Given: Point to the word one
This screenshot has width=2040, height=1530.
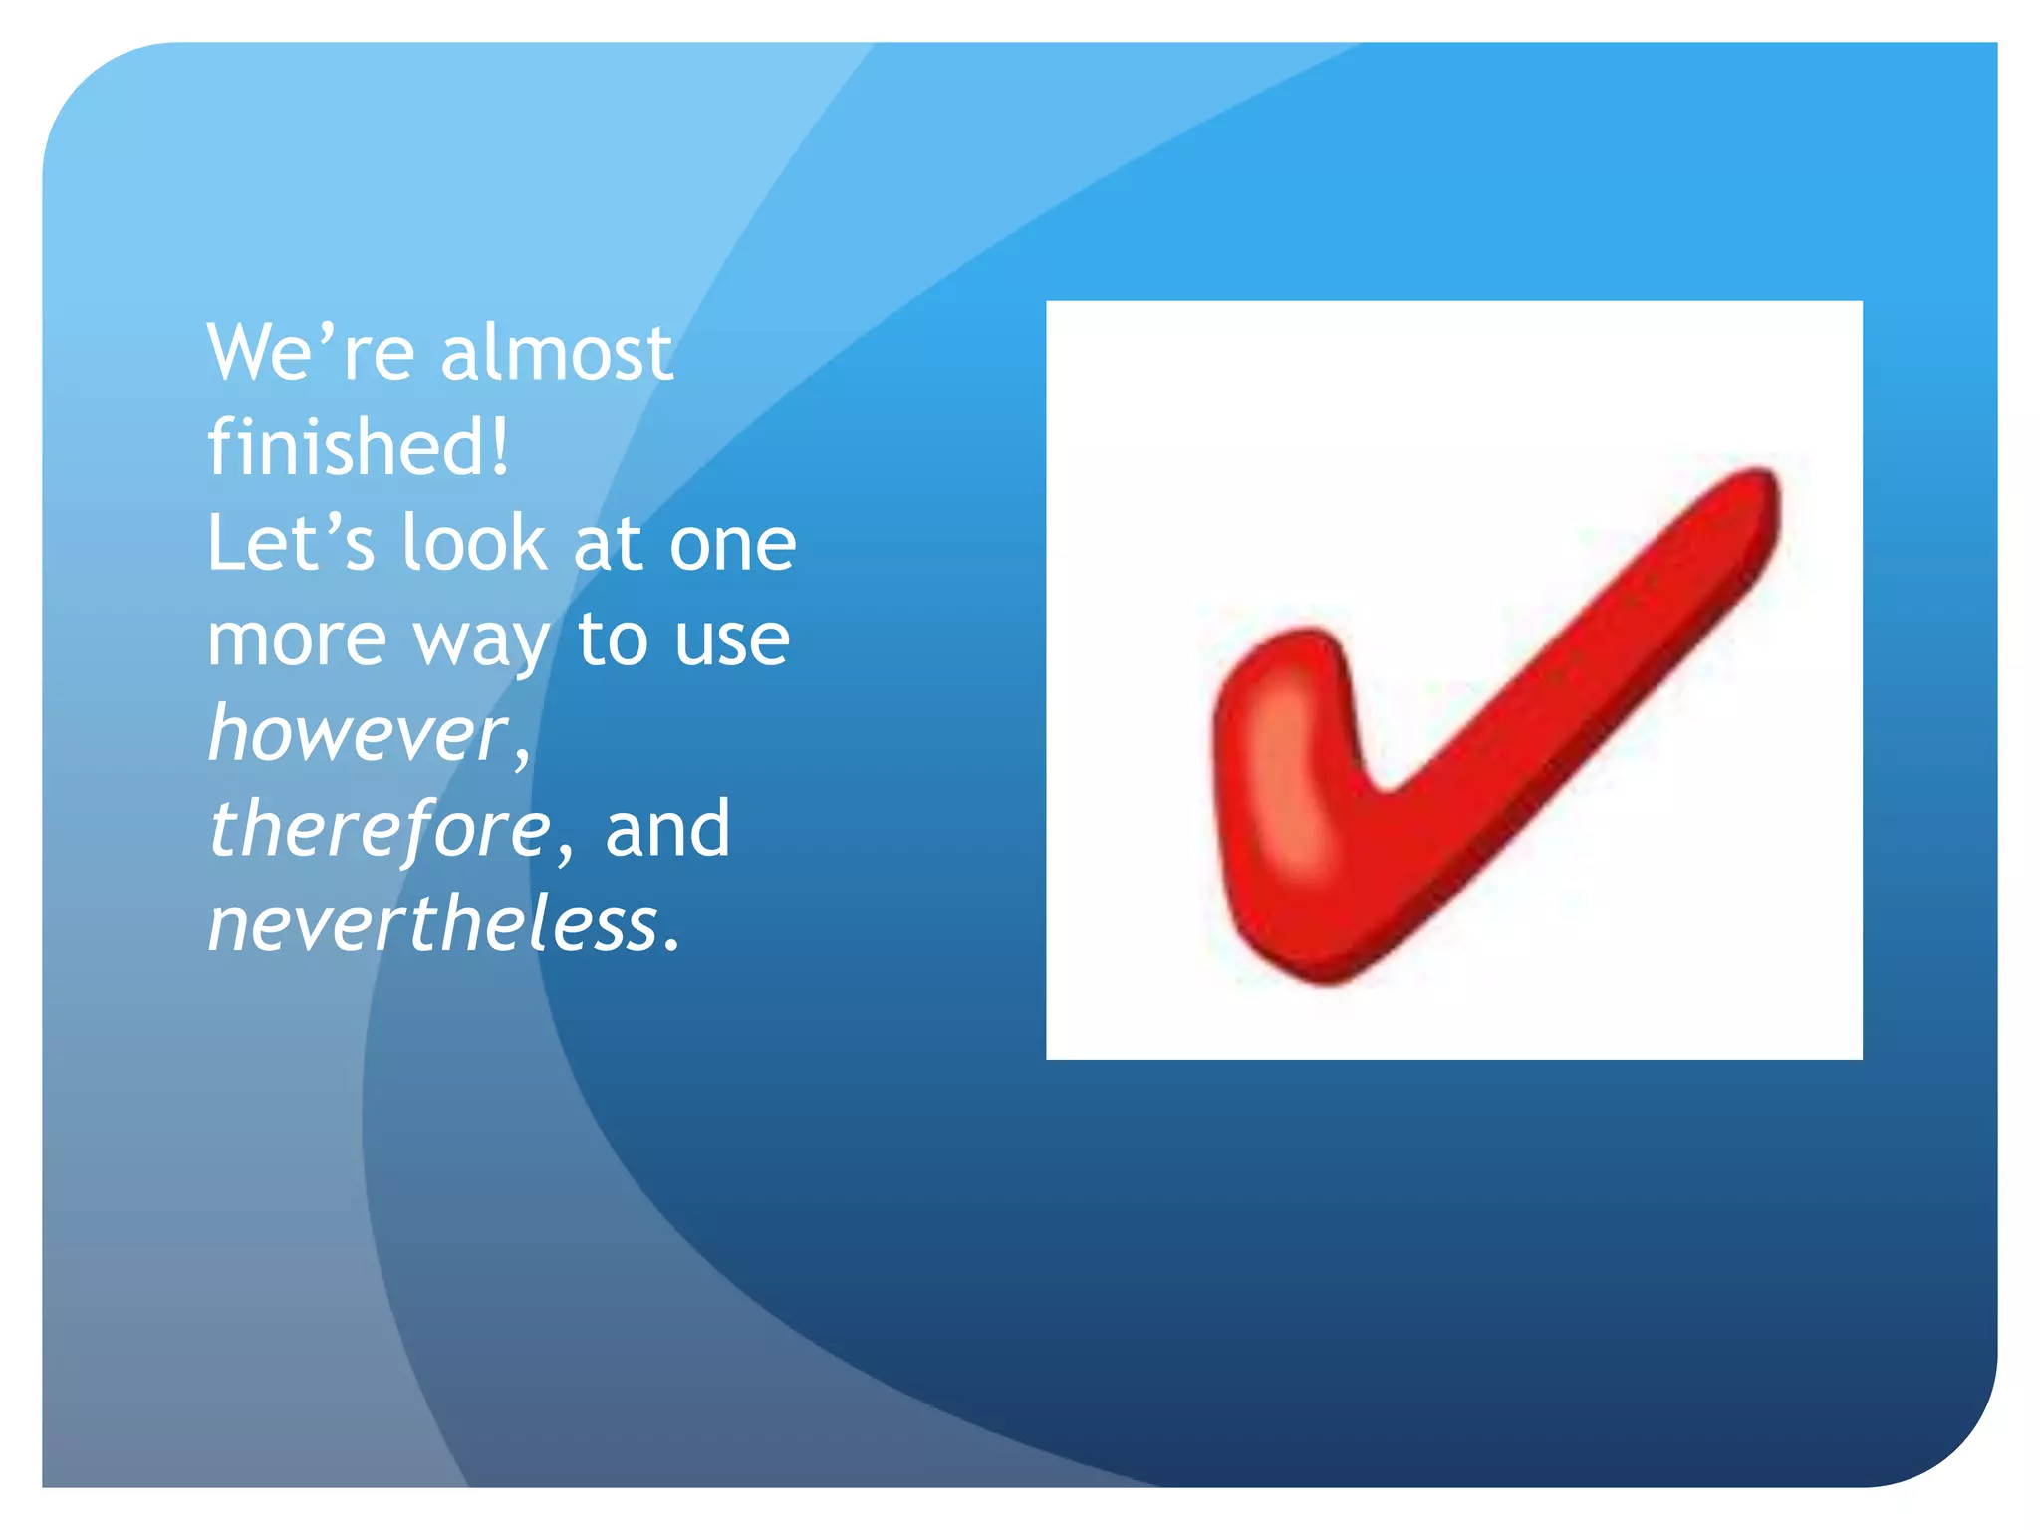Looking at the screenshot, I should [732, 546].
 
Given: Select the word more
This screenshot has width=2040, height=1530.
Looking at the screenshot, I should [296, 640].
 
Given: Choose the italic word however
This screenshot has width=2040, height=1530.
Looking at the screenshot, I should [358, 733].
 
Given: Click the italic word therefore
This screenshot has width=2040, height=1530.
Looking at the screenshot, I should [379, 829].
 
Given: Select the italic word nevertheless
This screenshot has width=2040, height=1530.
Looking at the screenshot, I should [433, 923].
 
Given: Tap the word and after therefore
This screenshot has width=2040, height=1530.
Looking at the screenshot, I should [667, 829].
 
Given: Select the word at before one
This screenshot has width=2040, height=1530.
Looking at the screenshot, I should [607, 545].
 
